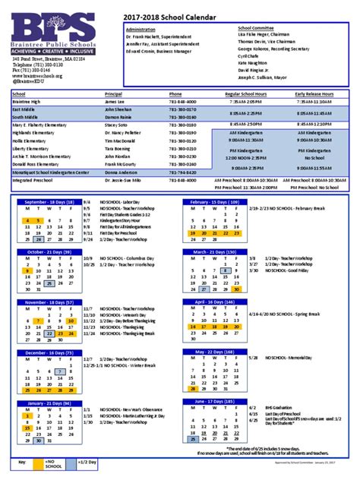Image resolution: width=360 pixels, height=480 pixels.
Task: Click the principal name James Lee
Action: [x=114, y=100]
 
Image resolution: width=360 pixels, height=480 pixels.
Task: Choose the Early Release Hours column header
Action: [x=315, y=93]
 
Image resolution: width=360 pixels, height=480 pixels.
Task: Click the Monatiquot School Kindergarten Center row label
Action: [x=50, y=172]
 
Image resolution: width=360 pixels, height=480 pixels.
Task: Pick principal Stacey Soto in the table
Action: [x=117, y=124]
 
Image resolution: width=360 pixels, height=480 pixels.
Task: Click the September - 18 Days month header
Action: [x=49, y=202]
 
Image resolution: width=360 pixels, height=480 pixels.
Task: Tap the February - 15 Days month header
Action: [x=214, y=202]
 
